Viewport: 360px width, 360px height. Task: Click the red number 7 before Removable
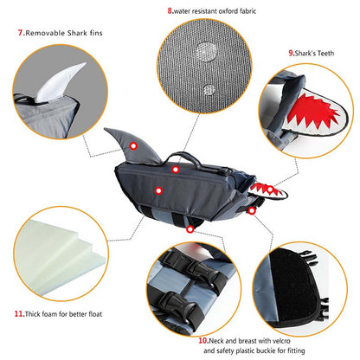[20, 33]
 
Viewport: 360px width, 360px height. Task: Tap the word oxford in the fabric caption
[229, 11]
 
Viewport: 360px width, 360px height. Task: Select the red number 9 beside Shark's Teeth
[291, 53]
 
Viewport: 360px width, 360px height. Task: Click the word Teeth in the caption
[325, 53]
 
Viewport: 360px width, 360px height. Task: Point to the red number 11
[19, 313]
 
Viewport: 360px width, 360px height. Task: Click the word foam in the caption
[49, 314]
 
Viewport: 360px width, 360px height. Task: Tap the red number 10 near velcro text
[202, 340]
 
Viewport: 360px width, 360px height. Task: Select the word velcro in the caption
[280, 341]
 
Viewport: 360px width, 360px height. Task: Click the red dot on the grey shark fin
[133, 146]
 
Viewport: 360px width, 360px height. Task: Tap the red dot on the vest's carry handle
[176, 170]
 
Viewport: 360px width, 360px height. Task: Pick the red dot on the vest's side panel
[158, 190]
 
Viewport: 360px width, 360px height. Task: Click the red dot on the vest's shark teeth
[270, 190]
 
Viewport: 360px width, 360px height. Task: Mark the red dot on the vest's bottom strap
[190, 229]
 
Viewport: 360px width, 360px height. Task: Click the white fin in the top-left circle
[59, 84]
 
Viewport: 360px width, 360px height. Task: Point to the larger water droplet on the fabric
[205, 52]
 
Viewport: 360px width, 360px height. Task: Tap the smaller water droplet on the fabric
[209, 90]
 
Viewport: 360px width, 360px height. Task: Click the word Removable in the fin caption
[45, 33]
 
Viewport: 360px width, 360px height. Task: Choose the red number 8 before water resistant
[170, 11]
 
